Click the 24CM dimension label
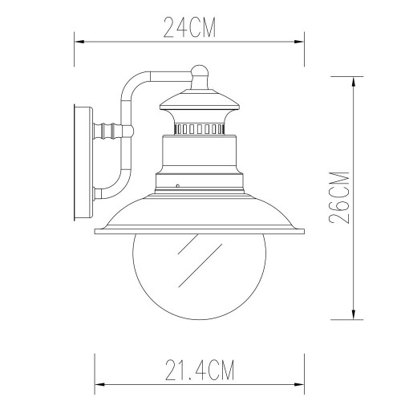190,27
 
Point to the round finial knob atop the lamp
200,74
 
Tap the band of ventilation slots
199,128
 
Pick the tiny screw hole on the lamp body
178,186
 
